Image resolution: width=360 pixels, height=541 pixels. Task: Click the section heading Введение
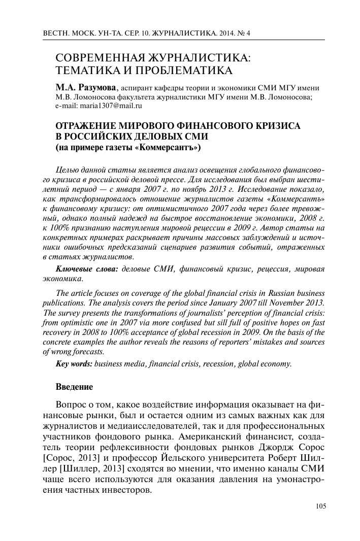point(74,387)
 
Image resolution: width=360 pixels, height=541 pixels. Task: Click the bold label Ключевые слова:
point(86,269)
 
